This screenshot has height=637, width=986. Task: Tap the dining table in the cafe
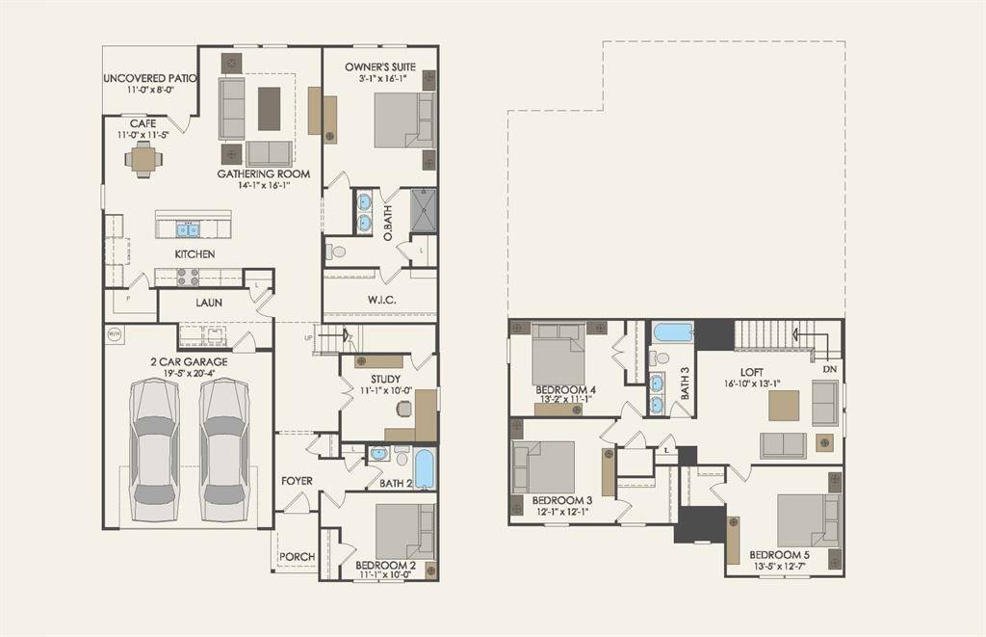(x=143, y=160)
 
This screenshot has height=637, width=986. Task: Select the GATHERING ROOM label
(x=263, y=174)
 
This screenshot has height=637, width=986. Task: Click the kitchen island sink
(x=188, y=229)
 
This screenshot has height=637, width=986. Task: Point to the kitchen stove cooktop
(x=188, y=277)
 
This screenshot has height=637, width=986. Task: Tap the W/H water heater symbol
(x=115, y=334)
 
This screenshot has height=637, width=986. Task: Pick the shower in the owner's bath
(x=424, y=211)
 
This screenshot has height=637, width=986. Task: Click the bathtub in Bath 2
(x=424, y=468)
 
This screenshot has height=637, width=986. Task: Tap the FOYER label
(x=297, y=480)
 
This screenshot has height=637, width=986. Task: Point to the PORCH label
(x=296, y=557)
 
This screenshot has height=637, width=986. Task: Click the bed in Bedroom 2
(x=404, y=531)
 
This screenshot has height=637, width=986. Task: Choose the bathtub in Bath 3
(x=673, y=333)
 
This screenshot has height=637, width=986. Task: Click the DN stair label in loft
(x=829, y=368)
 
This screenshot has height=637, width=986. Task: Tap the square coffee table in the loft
(x=783, y=406)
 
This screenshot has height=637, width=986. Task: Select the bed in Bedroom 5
(x=807, y=520)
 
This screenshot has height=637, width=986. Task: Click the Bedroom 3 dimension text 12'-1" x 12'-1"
(x=561, y=512)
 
